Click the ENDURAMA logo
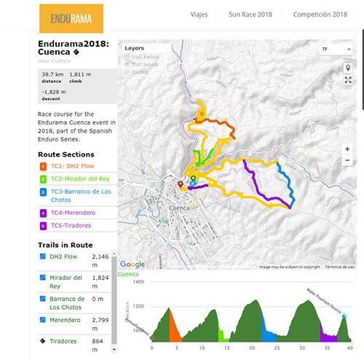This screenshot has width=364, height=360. (x=71, y=17)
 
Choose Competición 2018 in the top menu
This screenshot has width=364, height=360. (x=320, y=15)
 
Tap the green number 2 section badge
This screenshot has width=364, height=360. (x=42, y=179)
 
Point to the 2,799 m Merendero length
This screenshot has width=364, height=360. (x=100, y=322)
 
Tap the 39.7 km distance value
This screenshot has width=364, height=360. (x=52, y=74)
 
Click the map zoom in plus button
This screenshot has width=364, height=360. (x=348, y=149)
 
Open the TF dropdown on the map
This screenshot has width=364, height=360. (x=336, y=49)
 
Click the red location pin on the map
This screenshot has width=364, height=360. (x=181, y=185)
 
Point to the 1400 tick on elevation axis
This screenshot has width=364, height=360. (x=138, y=281)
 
